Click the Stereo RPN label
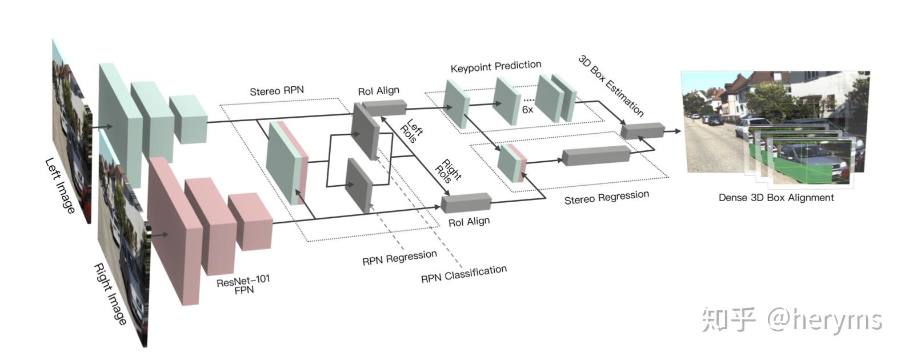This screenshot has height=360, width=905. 277,91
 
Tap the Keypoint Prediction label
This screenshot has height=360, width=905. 495,67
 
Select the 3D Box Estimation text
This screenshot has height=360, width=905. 611,86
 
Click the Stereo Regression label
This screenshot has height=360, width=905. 606,197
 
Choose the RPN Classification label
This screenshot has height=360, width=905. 463,274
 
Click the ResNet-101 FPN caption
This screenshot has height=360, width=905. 243,285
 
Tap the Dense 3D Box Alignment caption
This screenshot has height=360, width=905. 776,198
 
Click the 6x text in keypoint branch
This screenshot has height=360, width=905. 527,109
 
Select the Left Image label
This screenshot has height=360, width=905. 60,186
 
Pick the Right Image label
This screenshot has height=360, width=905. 110,294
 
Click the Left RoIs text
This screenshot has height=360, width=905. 413,131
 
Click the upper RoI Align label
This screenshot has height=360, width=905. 378,91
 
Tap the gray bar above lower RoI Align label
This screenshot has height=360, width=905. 466,203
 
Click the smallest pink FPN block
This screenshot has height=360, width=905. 250,222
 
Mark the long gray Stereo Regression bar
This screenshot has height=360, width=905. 595,155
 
